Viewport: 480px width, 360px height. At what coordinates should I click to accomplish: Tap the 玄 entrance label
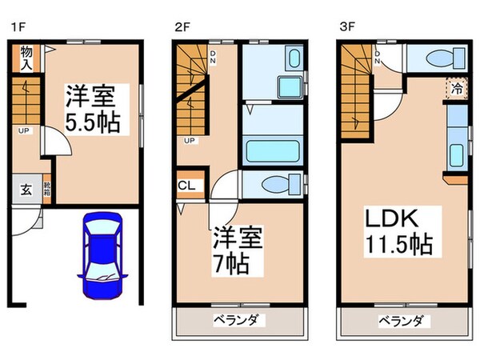tap(24, 190)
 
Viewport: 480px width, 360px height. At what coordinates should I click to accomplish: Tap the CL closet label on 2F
tap(186, 187)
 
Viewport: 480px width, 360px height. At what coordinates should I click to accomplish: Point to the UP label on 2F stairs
tap(189, 141)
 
